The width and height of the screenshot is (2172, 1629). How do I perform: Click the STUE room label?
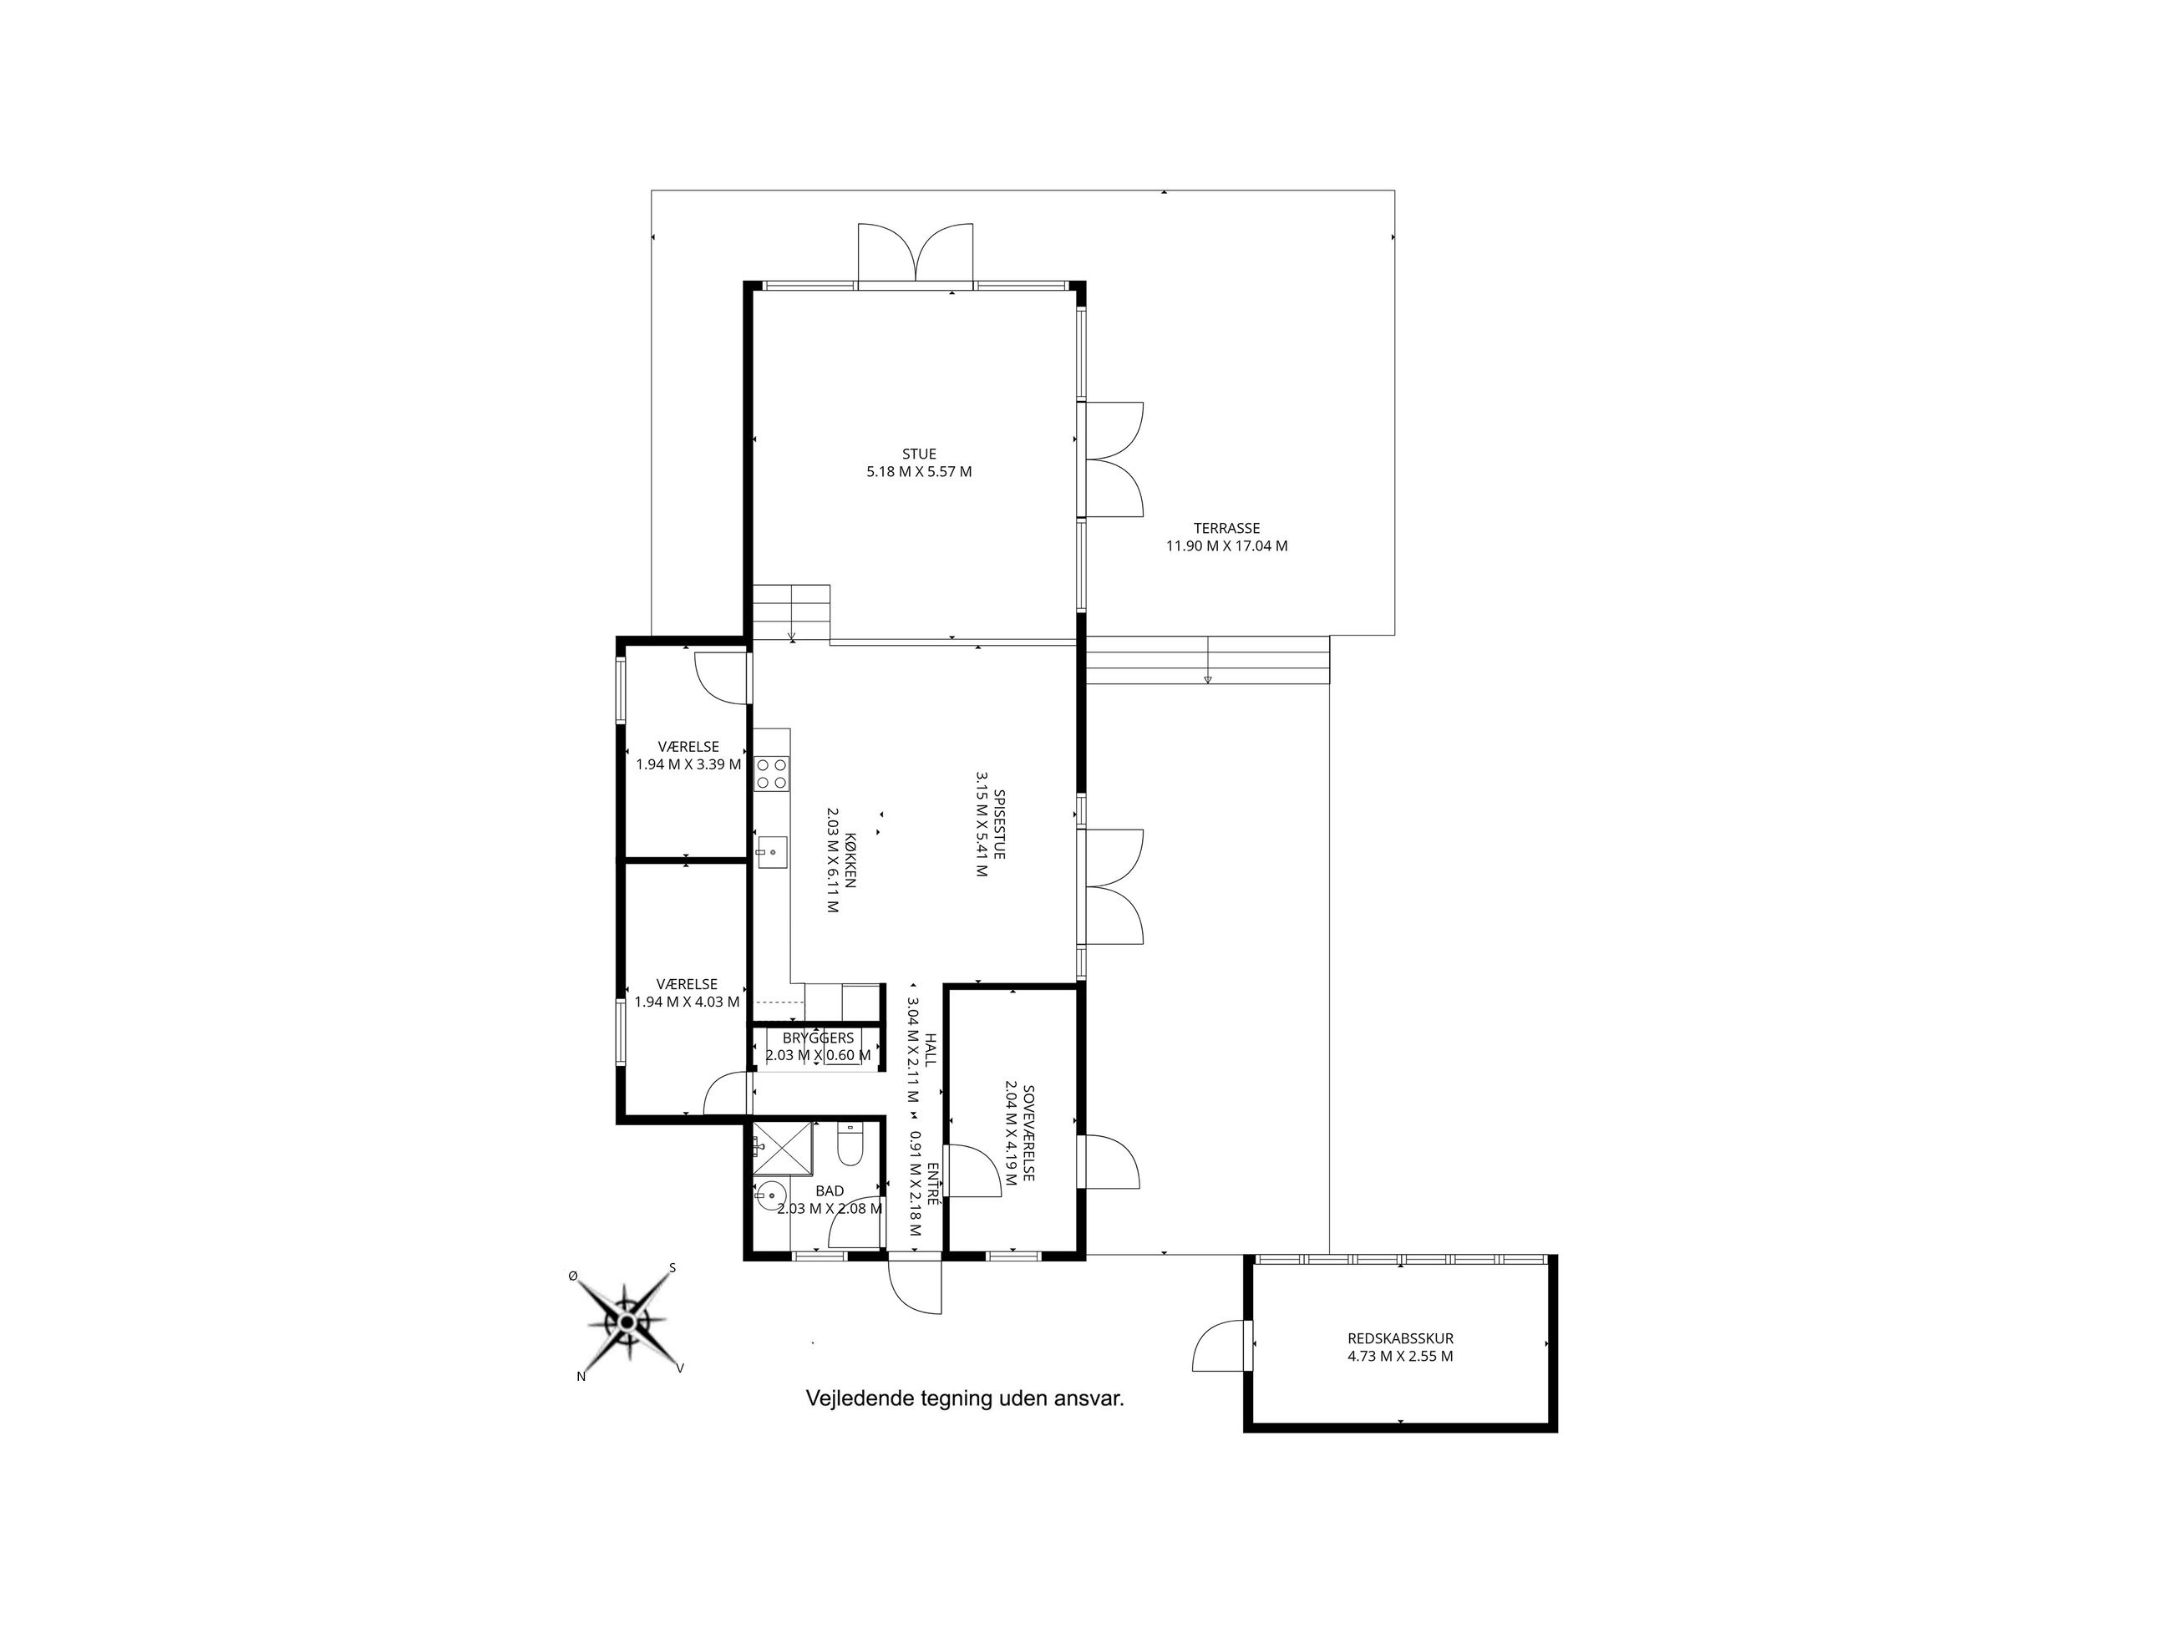(x=919, y=454)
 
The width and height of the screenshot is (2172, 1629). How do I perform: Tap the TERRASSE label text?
(x=1226, y=528)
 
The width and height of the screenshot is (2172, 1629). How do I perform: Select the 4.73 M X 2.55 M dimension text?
(x=1400, y=1356)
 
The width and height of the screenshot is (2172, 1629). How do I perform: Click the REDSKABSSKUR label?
(x=1400, y=1338)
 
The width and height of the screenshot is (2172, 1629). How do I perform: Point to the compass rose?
(x=627, y=1322)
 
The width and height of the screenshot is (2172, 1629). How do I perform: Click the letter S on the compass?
(x=672, y=1267)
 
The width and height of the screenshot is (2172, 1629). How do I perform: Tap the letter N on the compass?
(x=581, y=1377)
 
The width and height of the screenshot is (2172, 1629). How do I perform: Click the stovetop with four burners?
(x=772, y=774)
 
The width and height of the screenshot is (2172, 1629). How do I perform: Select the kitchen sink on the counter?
(x=772, y=852)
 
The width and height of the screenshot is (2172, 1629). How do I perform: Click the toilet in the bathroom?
(x=850, y=1144)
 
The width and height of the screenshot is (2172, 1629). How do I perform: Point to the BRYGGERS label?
(x=818, y=1038)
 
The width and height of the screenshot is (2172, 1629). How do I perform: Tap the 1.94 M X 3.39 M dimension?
(x=688, y=764)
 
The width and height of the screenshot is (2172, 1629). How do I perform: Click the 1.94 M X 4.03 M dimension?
(x=688, y=1002)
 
